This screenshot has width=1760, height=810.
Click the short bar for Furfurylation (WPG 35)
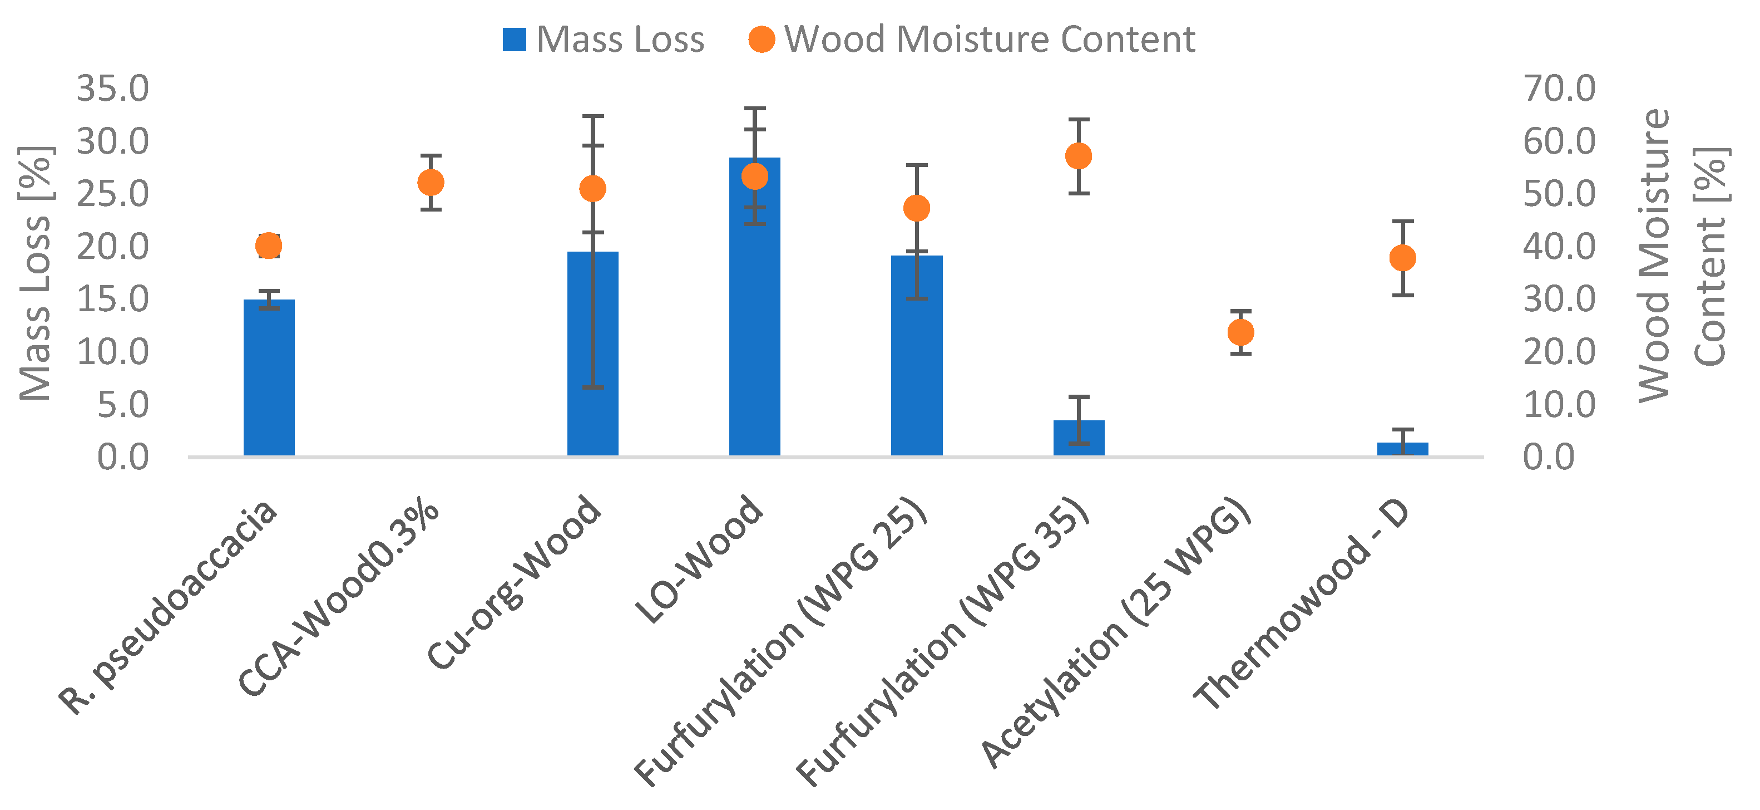1078,438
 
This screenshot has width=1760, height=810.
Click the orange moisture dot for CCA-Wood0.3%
431,183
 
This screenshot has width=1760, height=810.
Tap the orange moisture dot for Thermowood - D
1402,258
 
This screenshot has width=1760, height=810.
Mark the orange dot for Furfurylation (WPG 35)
1078,156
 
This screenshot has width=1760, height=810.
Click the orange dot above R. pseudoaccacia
269,246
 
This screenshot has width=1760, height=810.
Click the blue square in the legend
514,40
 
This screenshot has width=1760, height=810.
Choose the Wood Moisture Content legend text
990,40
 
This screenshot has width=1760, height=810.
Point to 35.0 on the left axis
113,89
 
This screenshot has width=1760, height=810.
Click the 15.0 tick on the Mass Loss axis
113,300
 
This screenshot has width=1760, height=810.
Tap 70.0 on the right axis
1559,89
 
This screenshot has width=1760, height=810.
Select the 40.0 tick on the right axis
1559,247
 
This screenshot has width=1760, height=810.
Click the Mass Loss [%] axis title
36,273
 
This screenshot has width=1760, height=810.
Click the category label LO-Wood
698,561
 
